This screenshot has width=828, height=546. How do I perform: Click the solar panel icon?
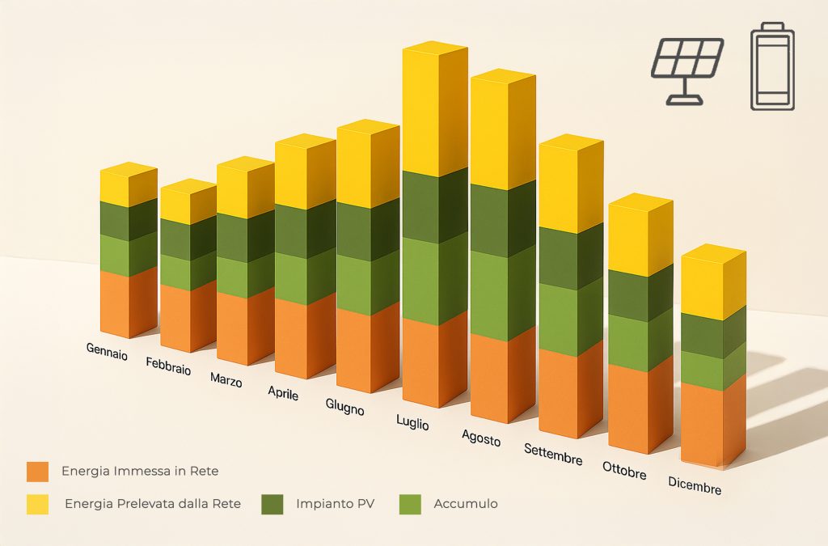pyautogui.click(x=687, y=70)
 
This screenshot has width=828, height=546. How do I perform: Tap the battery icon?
pyautogui.click(x=772, y=66)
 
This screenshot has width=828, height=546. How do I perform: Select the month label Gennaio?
pyautogui.click(x=108, y=351)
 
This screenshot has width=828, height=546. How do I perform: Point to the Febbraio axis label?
pyautogui.click(x=168, y=366)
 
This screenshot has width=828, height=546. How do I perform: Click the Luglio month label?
pyautogui.click(x=412, y=422)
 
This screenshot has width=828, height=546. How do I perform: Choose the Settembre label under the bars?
pyautogui.click(x=553, y=454)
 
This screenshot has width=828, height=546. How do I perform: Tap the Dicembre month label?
pyautogui.click(x=695, y=485)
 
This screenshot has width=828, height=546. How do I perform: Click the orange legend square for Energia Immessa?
pyautogui.click(x=37, y=472)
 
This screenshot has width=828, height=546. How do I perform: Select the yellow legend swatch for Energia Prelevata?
pyautogui.click(x=37, y=504)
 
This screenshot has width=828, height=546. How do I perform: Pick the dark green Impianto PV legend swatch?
pyautogui.click(x=272, y=504)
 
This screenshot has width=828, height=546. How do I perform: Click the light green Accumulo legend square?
pyautogui.click(x=410, y=504)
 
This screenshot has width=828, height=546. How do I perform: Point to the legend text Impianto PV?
pyautogui.click(x=336, y=504)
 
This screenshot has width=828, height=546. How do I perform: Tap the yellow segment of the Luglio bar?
pyautogui.click(x=434, y=111)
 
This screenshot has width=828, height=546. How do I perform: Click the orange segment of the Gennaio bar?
pyautogui.click(x=129, y=303)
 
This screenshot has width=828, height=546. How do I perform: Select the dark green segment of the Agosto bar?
pyautogui.click(x=503, y=219)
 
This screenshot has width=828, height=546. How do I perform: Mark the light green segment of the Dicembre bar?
pyautogui.click(x=713, y=369)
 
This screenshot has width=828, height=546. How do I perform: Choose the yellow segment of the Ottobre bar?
pyautogui.click(x=640, y=235)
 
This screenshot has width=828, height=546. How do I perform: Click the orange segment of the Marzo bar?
pyautogui.click(x=245, y=328)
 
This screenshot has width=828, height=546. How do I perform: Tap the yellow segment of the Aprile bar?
pyautogui.click(x=305, y=171)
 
